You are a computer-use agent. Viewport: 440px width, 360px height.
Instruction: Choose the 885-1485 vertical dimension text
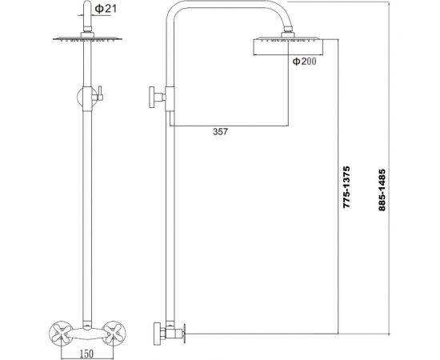pos(382,191)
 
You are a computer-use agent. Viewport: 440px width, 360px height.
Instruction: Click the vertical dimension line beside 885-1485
pos(389,160)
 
